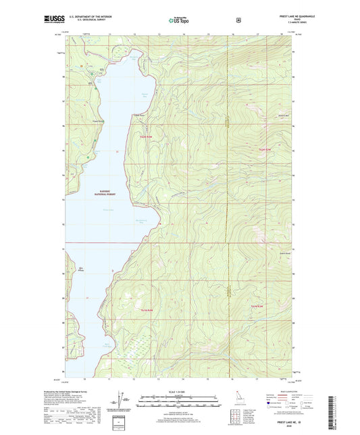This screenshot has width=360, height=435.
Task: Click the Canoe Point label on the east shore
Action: tap(138, 116)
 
